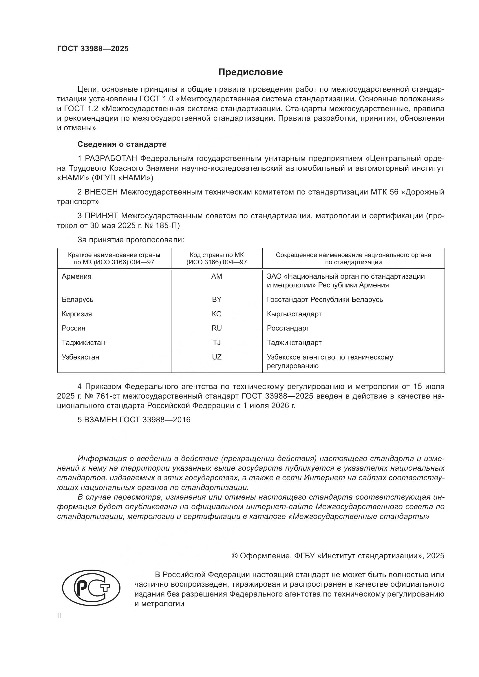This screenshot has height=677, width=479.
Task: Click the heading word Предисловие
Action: (251, 72)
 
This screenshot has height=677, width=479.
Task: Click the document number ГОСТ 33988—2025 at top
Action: (93, 49)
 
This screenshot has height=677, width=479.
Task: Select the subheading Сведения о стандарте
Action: (122, 144)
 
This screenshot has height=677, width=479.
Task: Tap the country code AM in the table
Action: (217, 276)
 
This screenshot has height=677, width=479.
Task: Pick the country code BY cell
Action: (217, 299)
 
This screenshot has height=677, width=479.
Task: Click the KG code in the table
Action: (217, 314)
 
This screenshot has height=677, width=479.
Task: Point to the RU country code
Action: (217, 328)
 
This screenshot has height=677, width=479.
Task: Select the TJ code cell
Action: (217, 343)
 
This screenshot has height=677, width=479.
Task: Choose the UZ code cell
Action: (217, 357)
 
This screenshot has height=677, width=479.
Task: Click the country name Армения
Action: (76, 276)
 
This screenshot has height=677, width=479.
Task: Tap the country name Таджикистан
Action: (83, 343)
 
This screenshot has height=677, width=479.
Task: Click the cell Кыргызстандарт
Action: (294, 314)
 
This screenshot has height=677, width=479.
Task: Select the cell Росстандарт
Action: (288, 328)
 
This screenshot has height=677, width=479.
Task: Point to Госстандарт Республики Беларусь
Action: (325, 299)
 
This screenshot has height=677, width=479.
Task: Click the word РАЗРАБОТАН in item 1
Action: (111, 159)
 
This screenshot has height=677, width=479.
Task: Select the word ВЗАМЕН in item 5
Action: (100, 420)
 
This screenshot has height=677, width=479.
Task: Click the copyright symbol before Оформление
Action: (235, 556)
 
